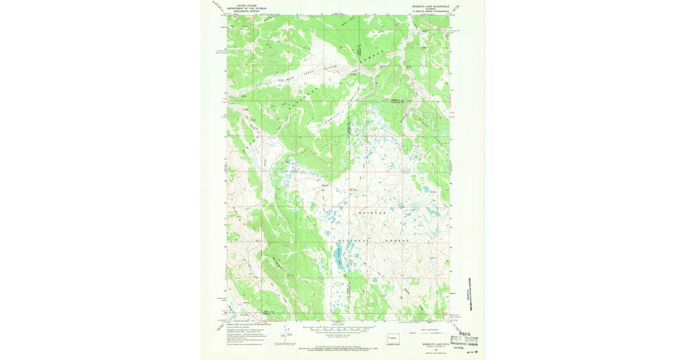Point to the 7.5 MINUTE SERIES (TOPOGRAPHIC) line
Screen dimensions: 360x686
coord(430,10)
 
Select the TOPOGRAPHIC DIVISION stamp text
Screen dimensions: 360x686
coord(464,345)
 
